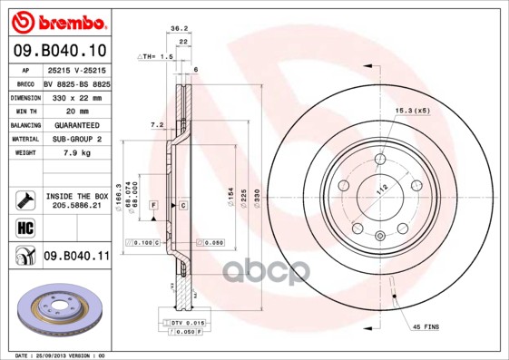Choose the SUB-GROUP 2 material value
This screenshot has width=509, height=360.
(76, 139)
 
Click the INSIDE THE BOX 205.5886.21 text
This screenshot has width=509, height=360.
(76, 201)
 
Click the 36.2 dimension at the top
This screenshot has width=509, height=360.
(179, 29)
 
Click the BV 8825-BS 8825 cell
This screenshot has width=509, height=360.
(76, 83)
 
